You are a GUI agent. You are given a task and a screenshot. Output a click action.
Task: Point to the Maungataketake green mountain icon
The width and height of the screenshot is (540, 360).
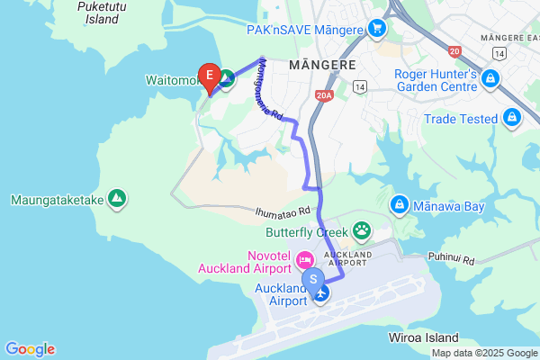pos(116,198)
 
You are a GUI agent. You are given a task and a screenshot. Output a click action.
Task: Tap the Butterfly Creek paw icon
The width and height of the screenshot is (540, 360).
pos(362,229)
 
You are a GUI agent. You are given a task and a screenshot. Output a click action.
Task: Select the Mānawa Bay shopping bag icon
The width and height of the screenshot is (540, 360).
pos(399,206)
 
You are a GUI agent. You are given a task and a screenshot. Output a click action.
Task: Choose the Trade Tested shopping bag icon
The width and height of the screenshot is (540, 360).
pos(511,118)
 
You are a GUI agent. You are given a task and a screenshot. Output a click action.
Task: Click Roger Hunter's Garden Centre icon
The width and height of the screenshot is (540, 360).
pos(489,81)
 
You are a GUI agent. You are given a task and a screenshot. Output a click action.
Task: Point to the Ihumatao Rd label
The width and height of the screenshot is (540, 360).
pos(282,211)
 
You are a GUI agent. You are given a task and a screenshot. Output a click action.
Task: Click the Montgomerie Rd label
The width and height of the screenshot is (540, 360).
pos(270,90)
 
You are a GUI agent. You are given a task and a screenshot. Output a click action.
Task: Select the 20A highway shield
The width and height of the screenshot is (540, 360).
pos(325,93)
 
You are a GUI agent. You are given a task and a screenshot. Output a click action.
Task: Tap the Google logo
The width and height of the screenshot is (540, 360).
pos(30,349)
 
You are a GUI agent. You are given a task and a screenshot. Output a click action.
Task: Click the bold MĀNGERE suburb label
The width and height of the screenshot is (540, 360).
pos(323,65)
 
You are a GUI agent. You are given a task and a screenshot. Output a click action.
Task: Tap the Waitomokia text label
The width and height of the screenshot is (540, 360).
pos(171,79)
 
